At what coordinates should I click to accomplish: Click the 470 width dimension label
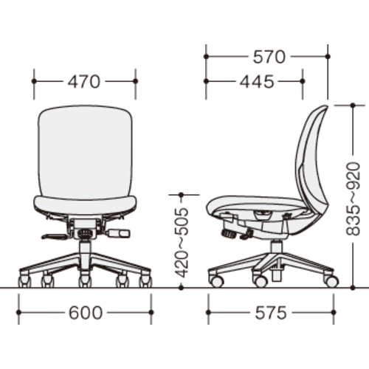(84, 82)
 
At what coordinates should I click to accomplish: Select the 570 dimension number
(269, 57)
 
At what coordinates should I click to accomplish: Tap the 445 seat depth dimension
(257, 82)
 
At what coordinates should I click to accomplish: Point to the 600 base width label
(85, 313)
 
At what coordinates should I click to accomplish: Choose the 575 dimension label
(271, 313)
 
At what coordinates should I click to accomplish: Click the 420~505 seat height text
(182, 243)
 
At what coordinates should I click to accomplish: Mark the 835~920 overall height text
(354, 199)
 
